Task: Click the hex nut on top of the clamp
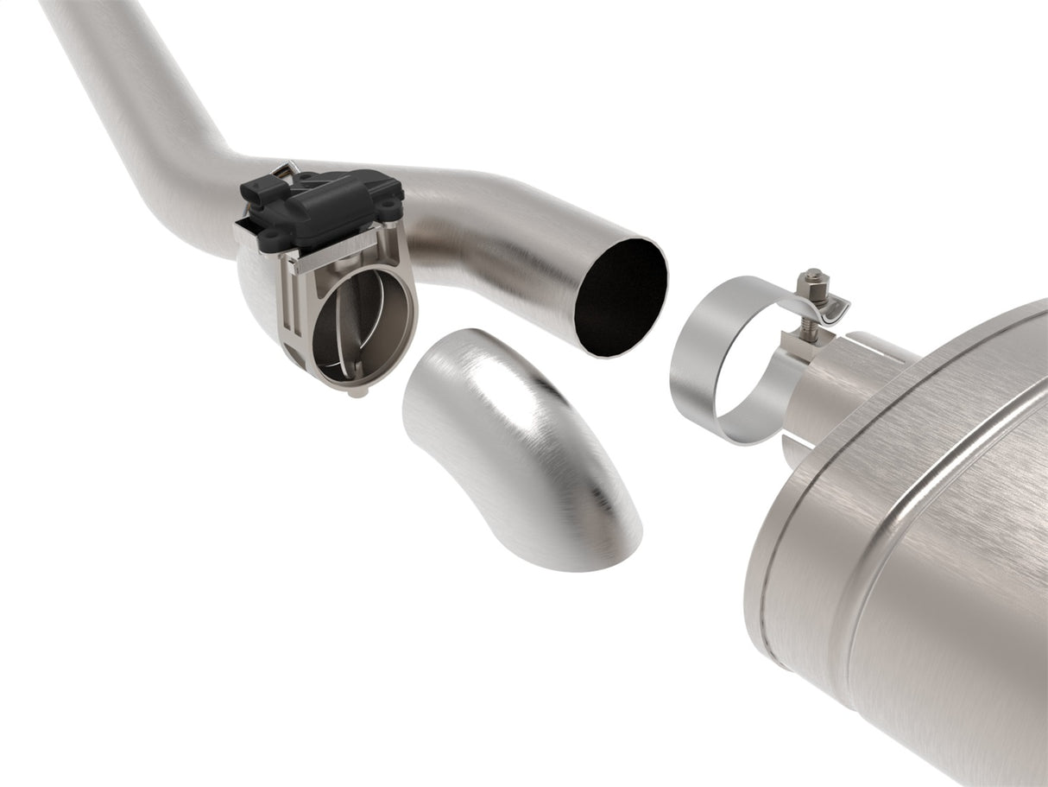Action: [811, 280]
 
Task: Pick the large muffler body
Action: [915, 553]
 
